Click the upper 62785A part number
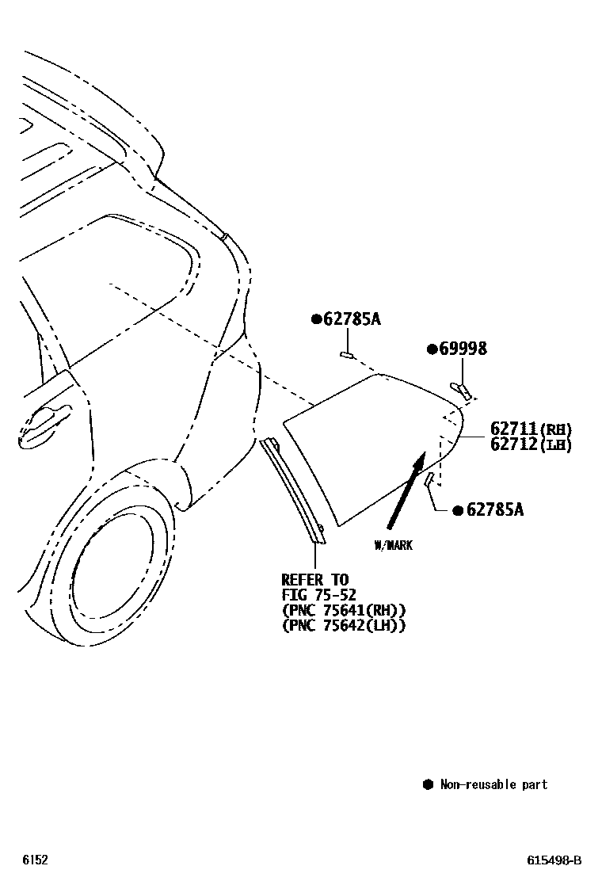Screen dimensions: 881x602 click(351, 319)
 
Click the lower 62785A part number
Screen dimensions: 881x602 click(493, 509)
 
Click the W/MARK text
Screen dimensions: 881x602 click(394, 545)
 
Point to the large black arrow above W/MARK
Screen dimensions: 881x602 click(406, 491)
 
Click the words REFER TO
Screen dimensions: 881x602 click(314, 580)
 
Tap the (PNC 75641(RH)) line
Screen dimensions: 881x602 click(344, 610)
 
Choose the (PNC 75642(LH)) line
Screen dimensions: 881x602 click(344, 625)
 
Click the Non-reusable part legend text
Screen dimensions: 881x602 click(493, 784)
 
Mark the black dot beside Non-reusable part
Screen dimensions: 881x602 click(428, 784)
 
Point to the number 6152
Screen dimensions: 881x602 click(35, 860)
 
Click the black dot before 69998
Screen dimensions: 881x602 click(432, 349)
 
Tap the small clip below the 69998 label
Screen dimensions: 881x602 click(461, 389)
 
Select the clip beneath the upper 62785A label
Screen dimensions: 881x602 click(347, 354)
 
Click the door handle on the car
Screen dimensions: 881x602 click(44, 424)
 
